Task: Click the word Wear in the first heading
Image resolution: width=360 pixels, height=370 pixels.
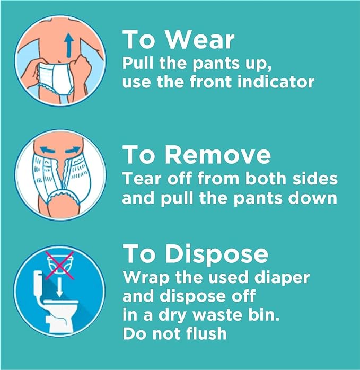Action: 200,40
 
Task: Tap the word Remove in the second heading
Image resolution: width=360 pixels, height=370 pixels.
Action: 218,155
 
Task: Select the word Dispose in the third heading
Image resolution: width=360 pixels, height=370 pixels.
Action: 216,254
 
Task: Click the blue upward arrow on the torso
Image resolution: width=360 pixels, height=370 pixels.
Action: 69,45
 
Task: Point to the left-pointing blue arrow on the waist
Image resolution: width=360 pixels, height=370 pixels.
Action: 47,149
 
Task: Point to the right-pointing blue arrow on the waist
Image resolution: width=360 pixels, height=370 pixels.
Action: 73,149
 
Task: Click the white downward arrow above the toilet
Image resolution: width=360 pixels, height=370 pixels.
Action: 60,287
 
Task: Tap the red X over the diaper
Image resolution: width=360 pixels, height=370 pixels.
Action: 59,266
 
